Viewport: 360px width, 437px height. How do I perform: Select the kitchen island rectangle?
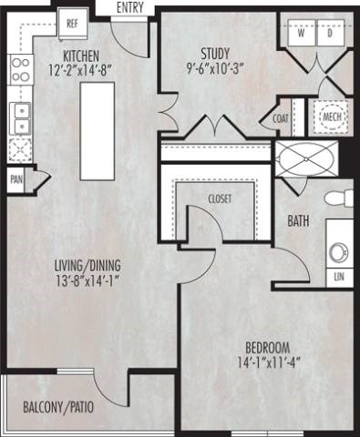coord(92,131)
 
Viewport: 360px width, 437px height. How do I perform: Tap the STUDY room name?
coord(215,52)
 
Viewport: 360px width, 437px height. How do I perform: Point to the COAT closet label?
coord(282,118)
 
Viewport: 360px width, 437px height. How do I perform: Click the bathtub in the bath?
coord(302,161)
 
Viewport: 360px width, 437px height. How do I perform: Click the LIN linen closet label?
coord(339,275)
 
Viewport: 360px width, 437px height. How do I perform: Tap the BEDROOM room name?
coord(267,347)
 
